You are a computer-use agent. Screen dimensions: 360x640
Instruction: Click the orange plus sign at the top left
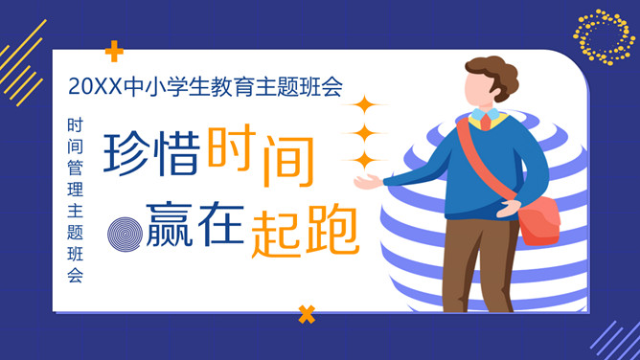(x=115, y=51)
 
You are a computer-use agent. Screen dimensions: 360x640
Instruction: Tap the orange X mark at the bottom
(x=307, y=312)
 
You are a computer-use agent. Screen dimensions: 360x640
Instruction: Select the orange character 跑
(x=331, y=232)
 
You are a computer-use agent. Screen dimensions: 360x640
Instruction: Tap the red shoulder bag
(x=541, y=217)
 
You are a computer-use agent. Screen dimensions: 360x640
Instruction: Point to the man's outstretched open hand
(x=367, y=182)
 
